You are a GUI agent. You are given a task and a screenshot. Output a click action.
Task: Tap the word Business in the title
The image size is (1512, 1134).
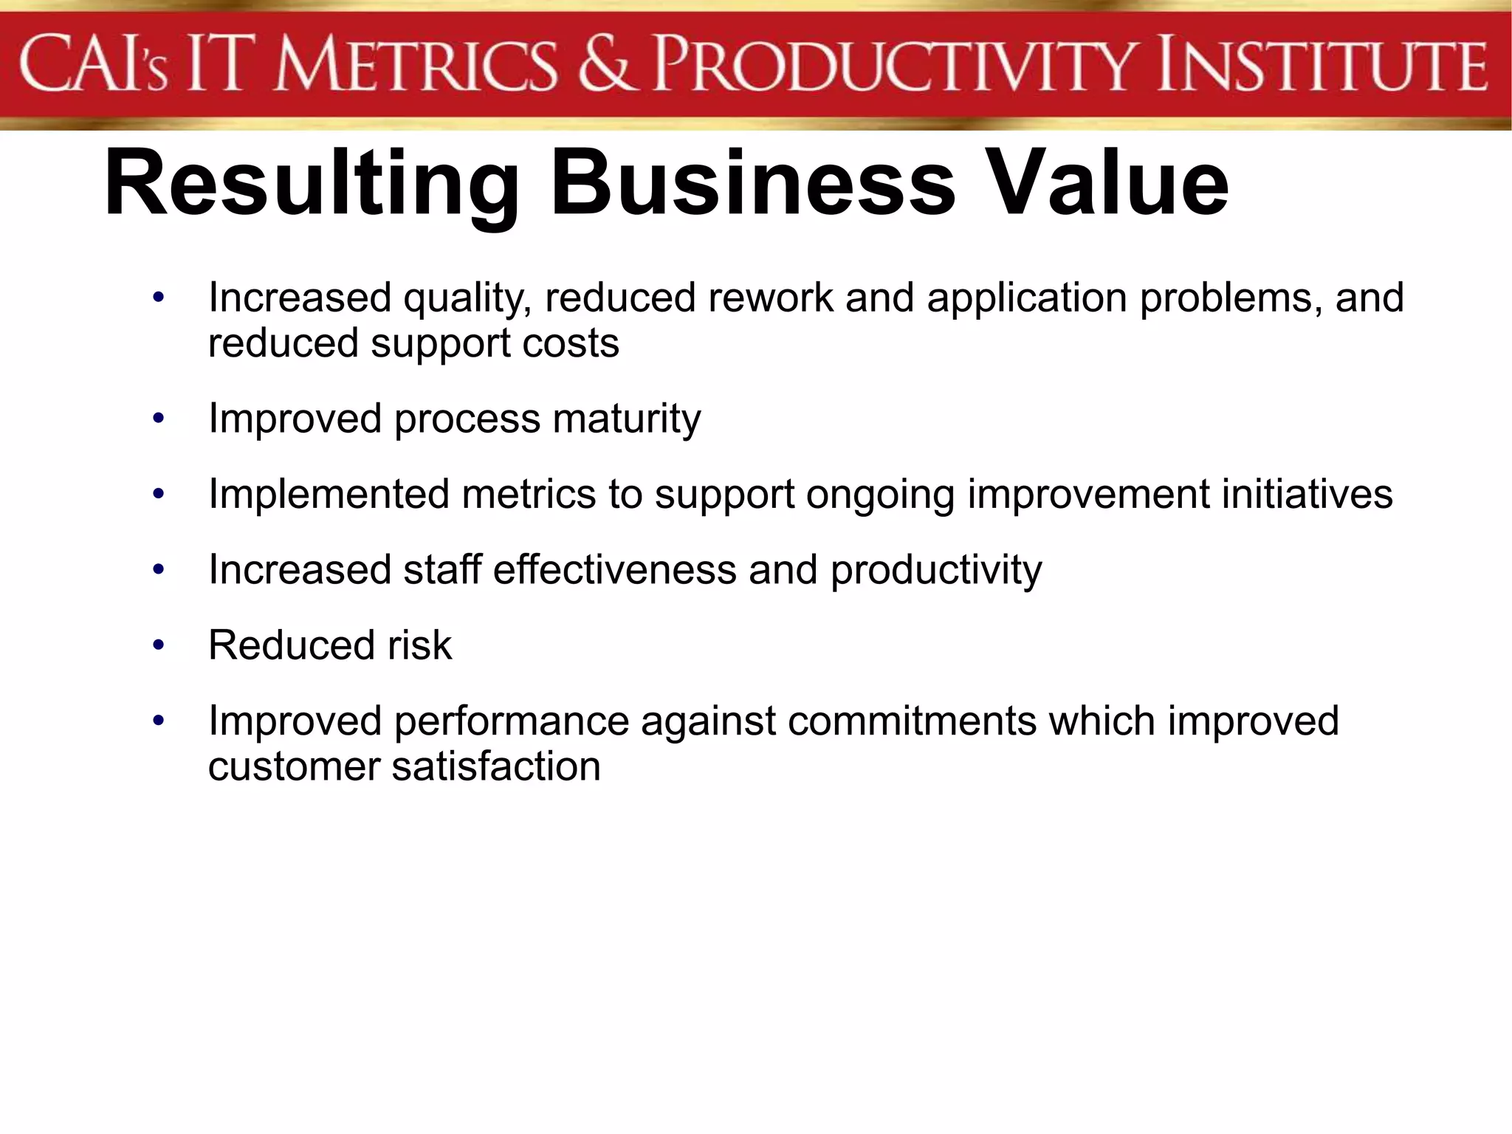point(753,184)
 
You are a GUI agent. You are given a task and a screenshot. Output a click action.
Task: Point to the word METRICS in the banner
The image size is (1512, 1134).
point(416,65)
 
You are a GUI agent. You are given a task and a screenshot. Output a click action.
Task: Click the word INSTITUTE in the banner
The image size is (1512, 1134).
point(1322,65)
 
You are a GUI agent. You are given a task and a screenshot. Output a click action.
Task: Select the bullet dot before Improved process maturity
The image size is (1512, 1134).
point(158,419)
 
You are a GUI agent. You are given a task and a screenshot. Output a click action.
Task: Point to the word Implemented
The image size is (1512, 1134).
point(329,495)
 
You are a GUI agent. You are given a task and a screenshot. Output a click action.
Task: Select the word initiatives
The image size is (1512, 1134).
point(1307,495)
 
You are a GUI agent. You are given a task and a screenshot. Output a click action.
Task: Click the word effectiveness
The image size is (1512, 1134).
point(614,571)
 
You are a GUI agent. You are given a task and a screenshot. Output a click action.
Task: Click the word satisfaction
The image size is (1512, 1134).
point(496,767)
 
